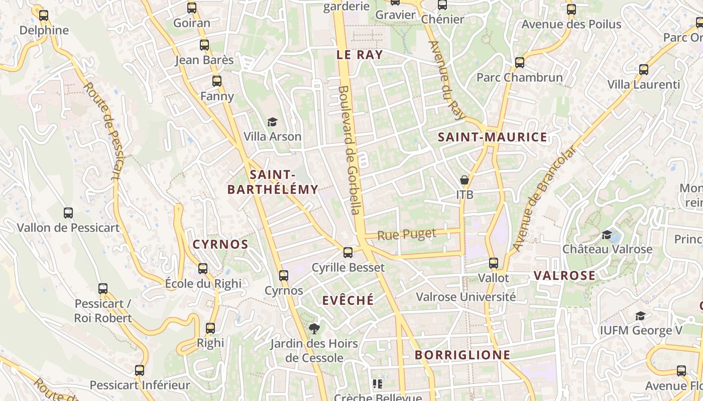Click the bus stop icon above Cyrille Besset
click(348, 252)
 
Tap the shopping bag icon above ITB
click(464, 179)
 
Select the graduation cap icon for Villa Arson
click(272, 122)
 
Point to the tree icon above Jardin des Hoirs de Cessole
click(314, 329)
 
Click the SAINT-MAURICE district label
click(492, 137)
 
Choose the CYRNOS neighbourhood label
click(220, 245)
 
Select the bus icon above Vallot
click(494, 263)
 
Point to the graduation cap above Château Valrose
click(607, 235)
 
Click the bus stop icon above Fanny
click(217, 81)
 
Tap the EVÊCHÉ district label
click(348, 300)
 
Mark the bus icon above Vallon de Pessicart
click(68, 213)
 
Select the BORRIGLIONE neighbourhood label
click(462, 355)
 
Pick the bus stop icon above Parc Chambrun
click(520, 63)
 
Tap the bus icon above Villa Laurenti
click(644, 70)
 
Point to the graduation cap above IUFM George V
click(640, 316)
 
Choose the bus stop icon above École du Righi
click(203, 269)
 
